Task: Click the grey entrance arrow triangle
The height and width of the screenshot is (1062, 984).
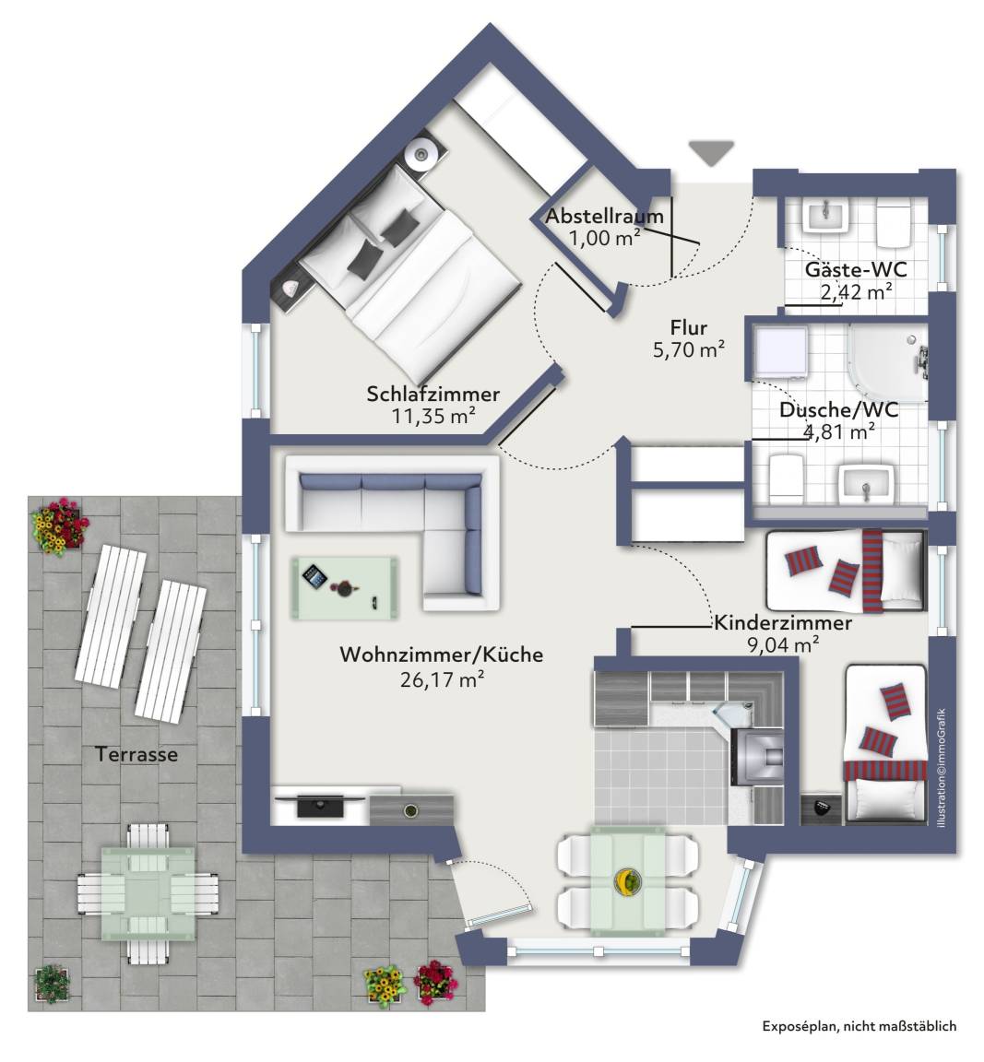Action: pos(711,152)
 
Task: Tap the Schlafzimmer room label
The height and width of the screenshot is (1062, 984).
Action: pos(433,394)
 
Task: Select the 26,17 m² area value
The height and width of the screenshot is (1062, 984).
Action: pos(442,678)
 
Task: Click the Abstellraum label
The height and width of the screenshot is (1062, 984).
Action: pos(604,217)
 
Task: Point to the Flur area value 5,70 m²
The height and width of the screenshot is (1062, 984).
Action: pos(689,350)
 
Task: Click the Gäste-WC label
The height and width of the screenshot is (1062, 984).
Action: pos(855,269)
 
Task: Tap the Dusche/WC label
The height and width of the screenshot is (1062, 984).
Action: pos(839,409)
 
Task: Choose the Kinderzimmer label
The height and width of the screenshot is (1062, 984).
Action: pos(783,622)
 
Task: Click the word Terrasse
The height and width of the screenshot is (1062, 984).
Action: pos(136,754)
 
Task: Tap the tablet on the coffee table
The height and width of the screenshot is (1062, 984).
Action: pos(314,577)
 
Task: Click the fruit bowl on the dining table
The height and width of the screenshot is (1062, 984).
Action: pos(626,880)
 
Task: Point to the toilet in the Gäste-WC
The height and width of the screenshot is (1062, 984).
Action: pos(894,224)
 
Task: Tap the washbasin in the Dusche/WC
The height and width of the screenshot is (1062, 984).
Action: pos(865,484)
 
